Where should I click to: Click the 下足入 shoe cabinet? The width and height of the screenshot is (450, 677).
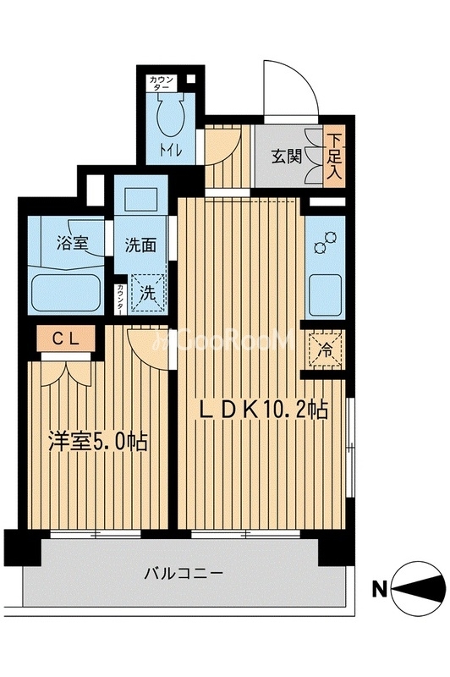[x=336, y=157]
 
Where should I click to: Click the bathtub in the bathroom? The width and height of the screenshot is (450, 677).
[x=67, y=292]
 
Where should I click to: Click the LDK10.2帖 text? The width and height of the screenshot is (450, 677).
[x=262, y=410]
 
